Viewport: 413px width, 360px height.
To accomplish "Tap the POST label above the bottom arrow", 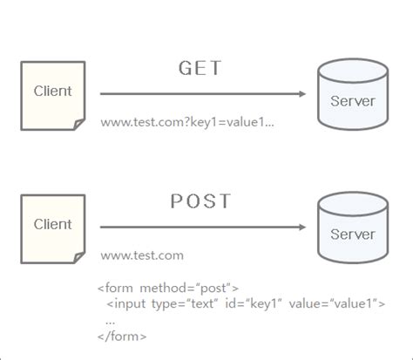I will [x=201, y=202].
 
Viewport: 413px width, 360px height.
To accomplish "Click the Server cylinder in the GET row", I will [x=353, y=100].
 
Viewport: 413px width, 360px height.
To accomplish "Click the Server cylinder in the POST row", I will [x=353, y=234].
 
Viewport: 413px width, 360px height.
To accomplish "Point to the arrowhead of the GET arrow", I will [x=301, y=93].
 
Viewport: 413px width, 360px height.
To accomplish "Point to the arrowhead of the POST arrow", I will [x=301, y=227].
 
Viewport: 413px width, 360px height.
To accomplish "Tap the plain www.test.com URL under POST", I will [x=141, y=255].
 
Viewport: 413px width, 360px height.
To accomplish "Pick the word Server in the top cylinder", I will [x=353, y=101].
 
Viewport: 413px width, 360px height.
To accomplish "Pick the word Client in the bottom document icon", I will [x=52, y=224].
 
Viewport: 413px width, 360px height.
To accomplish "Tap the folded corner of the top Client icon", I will [x=79, y=125].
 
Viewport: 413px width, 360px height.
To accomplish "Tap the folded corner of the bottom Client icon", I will [x=79, y=258].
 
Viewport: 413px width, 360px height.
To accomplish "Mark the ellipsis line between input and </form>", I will [x=109, y=320].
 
